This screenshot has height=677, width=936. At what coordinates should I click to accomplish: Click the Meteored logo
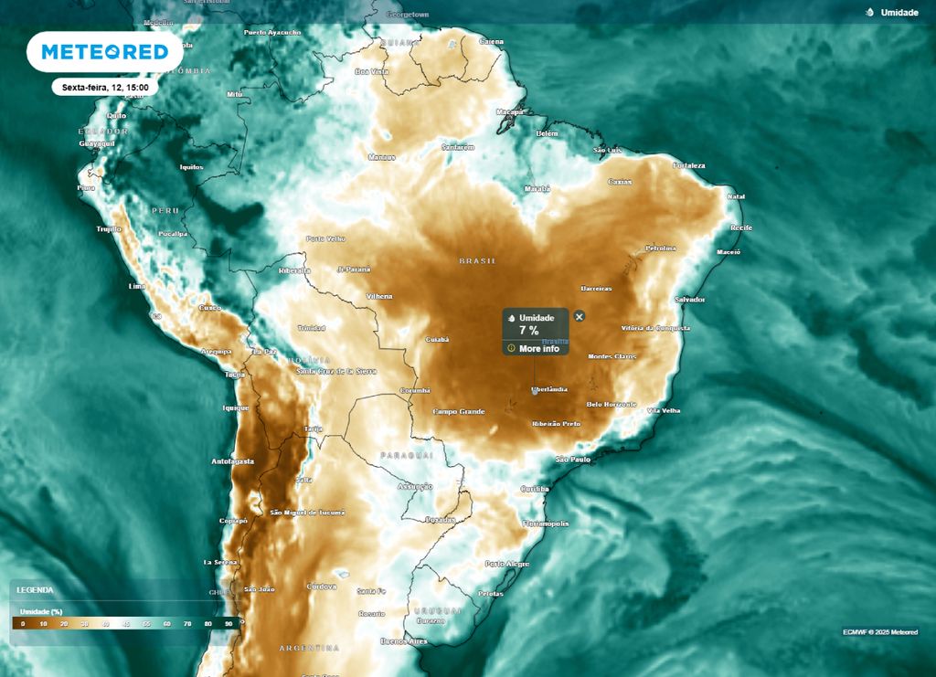pyautogui.click(x=105, y=52)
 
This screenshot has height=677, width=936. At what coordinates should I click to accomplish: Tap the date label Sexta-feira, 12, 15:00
pyautogui.click(x=105, y=88)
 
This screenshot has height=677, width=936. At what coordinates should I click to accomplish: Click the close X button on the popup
pyautogui.click(x=579, y=316)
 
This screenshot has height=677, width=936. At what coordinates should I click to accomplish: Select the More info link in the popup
pyautogui.click(x=538, y=348)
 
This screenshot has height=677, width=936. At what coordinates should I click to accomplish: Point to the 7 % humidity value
pyautogui.click(x=528, y=331)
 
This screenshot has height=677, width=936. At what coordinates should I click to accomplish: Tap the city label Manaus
pyautogui.click(x=380, y=157)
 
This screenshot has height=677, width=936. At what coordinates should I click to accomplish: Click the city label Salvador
pyautogui.click(x=689, y=299)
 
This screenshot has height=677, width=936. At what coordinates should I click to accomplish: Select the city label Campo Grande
pyautogui.click(x=459, y=412)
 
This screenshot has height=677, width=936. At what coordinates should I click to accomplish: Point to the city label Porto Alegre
pyautogui.click(x=507, y=564)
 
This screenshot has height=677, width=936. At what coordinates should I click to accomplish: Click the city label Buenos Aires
pyautogui.click(x=404, y=641)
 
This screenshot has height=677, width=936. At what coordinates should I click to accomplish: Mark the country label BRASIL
pyautogui.click(x=478, y=261)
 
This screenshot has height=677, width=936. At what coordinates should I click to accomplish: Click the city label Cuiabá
pyautogui.click(x=437, y=339)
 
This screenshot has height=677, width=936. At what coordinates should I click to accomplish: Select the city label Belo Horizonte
pyautogui.click(x=612, y=403)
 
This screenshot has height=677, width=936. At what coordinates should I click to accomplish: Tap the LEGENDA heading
pyautogui.click(x=34, y=590)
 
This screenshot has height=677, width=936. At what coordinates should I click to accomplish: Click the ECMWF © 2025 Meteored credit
pyautogui.click(x=880, y=632)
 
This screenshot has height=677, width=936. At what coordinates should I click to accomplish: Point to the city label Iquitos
pyautogui.click(x=190, y=167)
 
